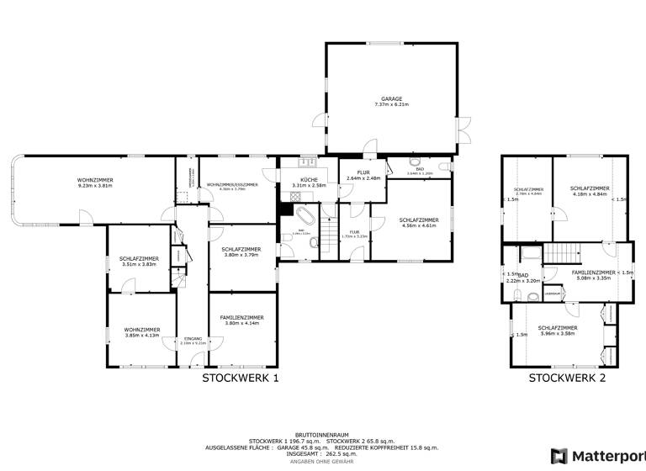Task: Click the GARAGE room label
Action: pyautogui.click(x=389, y=99)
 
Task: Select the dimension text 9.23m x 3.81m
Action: pyautogui.click(x=95, y=186)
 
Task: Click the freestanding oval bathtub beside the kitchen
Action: pyautogui.click(x=302, y=219)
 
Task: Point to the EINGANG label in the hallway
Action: pyautogui.click(x=193, y=338)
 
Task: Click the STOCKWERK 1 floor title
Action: pyautogui.click(x=240, y=378)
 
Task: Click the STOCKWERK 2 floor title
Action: pyautogui.click(x=567, y=378)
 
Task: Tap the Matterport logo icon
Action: pyautogui.click(x=558, y=455)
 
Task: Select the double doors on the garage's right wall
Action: pyautogui.click(x=463, y=126)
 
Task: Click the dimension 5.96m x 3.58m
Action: pyautogui.click(x=557, y=333)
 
